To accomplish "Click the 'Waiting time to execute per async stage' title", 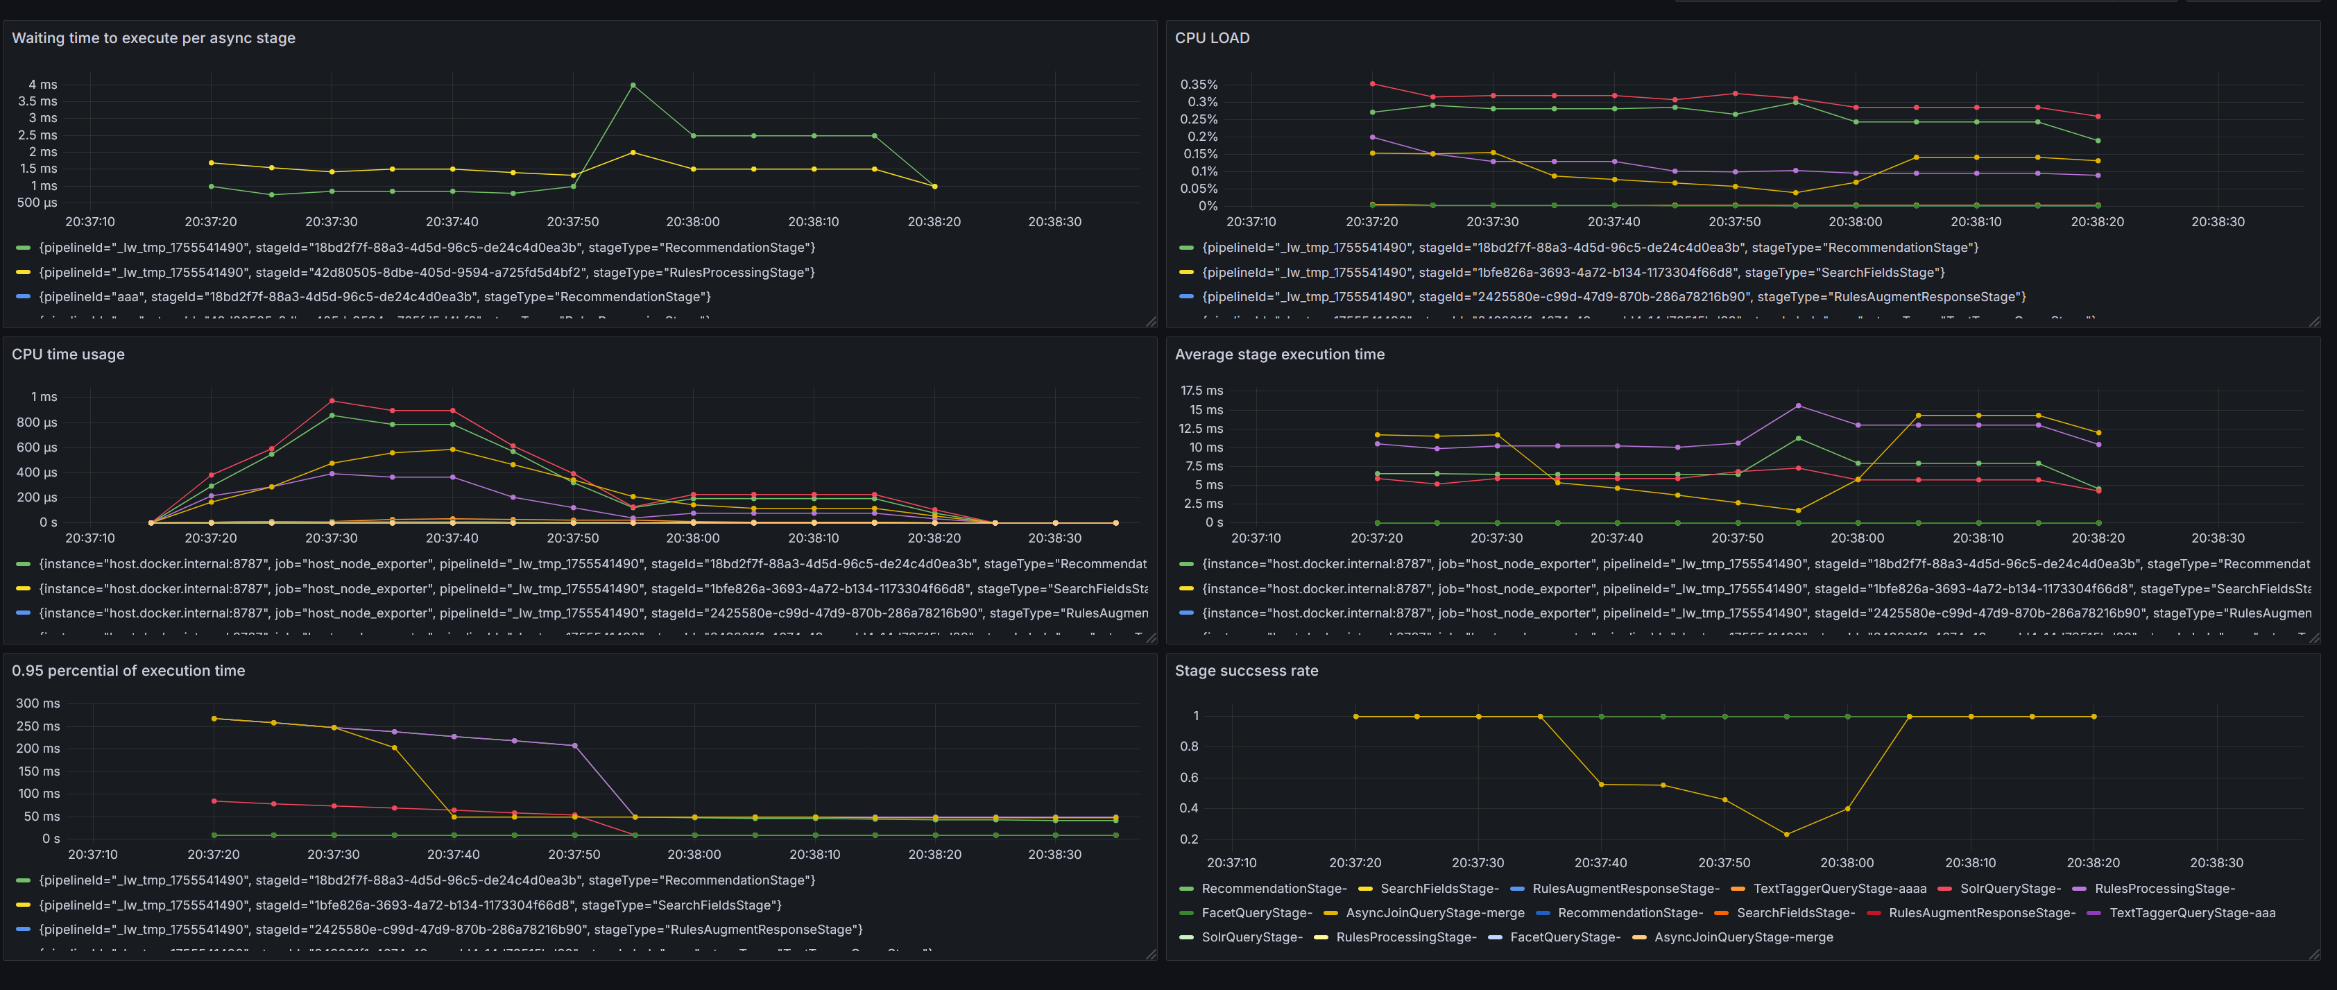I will point(153,38).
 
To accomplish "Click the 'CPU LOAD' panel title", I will point(1211,38).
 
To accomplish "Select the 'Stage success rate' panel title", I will point(1246,671).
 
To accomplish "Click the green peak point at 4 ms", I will point(633,85).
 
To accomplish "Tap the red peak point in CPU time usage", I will point(332,400).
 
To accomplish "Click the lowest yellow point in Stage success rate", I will point(1786,834).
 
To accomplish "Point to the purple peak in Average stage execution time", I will point(1798,406).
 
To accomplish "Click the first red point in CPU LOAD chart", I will point(1371,83).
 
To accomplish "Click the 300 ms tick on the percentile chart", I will point(38,703).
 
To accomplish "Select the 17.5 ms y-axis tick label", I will point(1201,390).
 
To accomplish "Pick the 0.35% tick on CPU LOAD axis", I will point(1199,85).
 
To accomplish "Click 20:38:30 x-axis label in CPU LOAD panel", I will point(2217,221).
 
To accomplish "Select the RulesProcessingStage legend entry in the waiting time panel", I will point(427,272).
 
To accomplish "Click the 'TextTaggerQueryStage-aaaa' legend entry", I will point(1839,889).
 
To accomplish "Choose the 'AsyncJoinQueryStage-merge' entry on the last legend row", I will point(1743,937).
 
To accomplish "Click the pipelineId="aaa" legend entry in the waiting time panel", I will point(374,297).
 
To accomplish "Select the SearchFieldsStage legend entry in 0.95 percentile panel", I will point(409,905).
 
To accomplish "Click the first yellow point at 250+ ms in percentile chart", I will point(214,719).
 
